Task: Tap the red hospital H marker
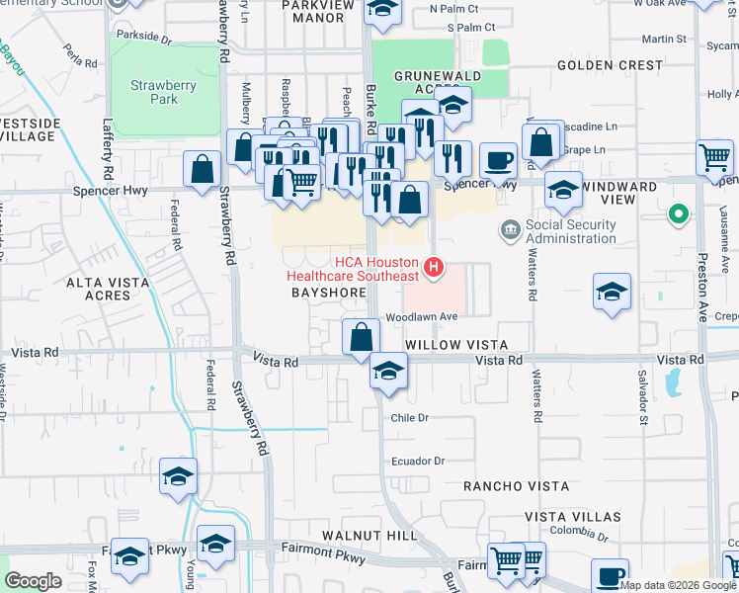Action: pyautogui.click(x=433, y=267)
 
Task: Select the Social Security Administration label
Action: pyautogui.click(x=570, y=231)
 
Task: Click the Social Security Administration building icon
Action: pyautogui.click(x=511, y=230)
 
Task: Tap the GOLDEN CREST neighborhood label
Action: pyautogui.click(x=610, y=65)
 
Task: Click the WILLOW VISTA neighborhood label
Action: pyautogui.click(x=456, y=345)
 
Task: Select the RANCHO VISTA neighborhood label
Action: pyautogui.click(x=517, y=486)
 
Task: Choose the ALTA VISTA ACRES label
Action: pyautogui.click(x=108, y=289)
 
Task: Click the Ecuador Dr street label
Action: pyautogui.click(x=419, y=461)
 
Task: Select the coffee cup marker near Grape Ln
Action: pyautogui.click(x=499, y=159)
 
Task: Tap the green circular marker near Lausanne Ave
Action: pyautogui.click(x=678, y=213)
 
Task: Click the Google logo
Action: pyautogui.click(x=33, y=581)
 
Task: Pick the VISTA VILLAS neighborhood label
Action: pyautogui.click(x=573, y=517)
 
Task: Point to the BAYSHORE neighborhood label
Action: pyautogui.click(x=322, y=294)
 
